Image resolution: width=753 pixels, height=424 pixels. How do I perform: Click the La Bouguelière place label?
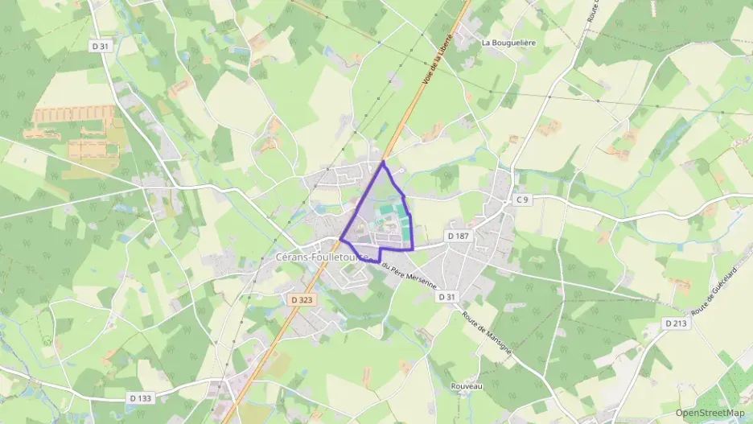508,41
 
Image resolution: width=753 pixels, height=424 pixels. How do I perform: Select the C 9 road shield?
522,199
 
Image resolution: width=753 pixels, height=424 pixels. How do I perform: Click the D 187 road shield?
458,235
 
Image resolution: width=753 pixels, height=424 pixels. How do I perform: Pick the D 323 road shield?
302,299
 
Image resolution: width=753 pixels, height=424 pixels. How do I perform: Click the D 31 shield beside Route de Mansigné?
447,297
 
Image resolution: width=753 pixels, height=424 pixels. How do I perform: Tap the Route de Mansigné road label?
487,334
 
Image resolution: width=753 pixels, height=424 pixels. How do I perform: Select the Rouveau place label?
466,386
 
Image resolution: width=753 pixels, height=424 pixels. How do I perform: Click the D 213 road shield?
677,323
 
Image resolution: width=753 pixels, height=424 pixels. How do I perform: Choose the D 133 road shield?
140,397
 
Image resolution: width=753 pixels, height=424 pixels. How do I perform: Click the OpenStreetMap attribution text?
710,413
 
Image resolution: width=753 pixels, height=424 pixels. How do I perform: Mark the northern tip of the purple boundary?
383,162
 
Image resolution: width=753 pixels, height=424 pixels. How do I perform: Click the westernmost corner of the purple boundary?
341,239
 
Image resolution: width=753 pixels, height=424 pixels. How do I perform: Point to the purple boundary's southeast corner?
413,249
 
